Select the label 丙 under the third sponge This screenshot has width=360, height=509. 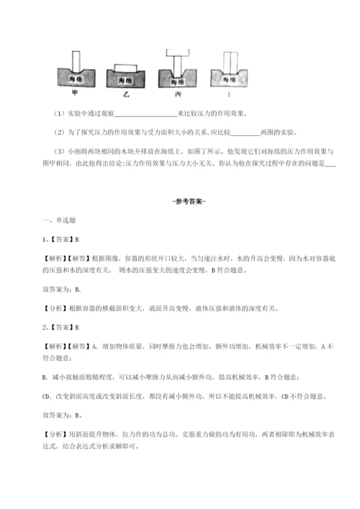pyautogui.click(x=177, y=94)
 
